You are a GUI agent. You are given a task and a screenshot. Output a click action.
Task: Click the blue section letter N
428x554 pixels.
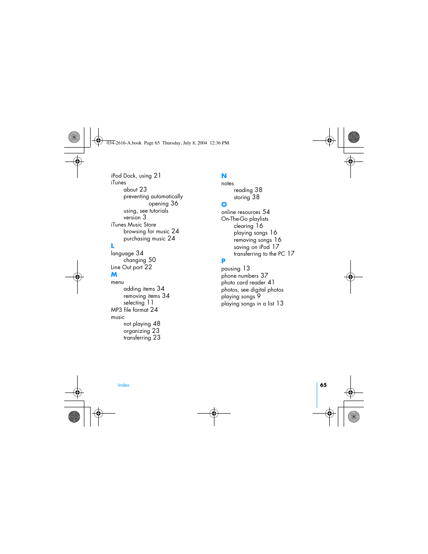(224, 176)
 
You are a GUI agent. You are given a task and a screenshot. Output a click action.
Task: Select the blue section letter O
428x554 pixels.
(224, 205)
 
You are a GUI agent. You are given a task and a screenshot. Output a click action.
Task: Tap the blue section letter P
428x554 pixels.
(223, 261)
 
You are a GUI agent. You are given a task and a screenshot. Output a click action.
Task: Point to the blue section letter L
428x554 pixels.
(113, 246)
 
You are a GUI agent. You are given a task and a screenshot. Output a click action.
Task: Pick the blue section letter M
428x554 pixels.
(114, 275)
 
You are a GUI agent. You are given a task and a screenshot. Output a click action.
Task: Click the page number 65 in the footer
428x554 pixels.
(323, 385)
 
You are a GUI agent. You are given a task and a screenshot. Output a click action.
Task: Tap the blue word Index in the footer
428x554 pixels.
(123, 385)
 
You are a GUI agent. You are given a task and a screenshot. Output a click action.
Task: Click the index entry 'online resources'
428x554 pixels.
(240, 212)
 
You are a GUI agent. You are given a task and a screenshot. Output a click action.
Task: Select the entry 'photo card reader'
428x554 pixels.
(243, 283)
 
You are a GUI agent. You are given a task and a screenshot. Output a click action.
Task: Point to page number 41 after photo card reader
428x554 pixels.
(271, 283)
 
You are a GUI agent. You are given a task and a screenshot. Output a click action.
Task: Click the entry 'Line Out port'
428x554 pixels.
(127, 267)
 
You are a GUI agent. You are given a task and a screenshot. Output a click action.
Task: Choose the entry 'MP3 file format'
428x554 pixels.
(129, 310)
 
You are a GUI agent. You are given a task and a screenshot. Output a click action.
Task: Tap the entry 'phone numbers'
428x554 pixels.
(240, 276)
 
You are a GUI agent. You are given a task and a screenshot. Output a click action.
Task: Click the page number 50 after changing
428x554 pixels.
(152, 260)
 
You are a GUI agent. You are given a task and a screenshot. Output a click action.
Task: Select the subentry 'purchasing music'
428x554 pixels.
(144, 239)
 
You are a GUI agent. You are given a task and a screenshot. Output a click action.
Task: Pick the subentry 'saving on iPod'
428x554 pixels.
(252, 247)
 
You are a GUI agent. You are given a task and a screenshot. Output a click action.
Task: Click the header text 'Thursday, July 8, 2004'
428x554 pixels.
(184, 143)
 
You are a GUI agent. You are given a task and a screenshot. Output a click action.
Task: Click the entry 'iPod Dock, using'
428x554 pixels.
(131, 176)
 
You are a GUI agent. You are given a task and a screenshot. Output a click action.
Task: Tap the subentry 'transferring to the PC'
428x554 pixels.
(259, 254)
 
